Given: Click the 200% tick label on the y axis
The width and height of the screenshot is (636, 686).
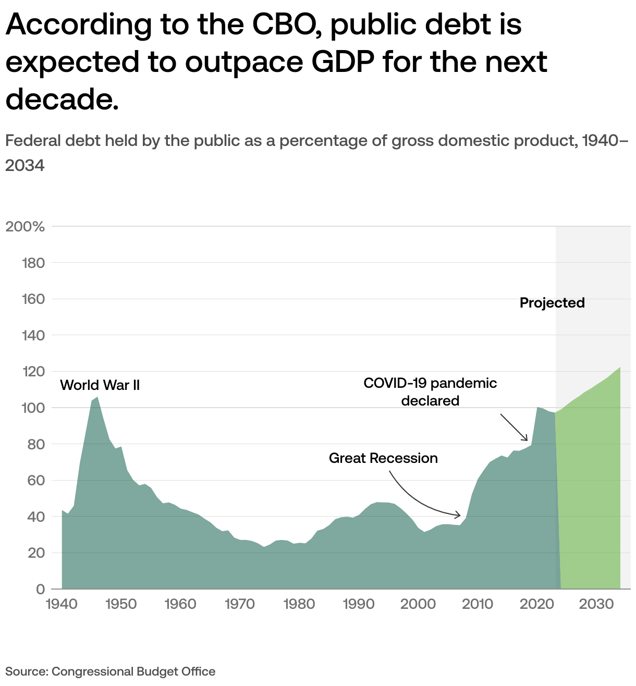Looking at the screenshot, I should click(25, 227).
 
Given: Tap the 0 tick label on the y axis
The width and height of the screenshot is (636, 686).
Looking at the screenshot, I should click(40, 589).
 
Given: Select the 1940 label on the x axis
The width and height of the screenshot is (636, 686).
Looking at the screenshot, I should click(62, 604).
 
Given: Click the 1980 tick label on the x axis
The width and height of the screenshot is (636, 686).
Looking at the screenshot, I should click(300, 604).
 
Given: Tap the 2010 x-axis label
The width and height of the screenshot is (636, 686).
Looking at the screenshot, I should click(478, 604).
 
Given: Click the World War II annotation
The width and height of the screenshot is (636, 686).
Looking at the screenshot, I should click(100, 385).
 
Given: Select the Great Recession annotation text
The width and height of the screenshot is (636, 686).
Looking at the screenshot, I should click(383, 458).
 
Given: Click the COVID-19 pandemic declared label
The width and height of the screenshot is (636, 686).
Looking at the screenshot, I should click(430, 391).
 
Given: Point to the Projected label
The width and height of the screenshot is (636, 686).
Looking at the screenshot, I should click(552, 303).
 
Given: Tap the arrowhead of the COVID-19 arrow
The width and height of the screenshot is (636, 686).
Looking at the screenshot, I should click(527, 440).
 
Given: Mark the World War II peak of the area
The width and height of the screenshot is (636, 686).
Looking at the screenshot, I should click(97, 397).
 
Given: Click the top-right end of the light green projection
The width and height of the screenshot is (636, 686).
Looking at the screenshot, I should click(620, 368).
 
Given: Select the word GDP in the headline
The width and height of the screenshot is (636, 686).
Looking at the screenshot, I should click(342, 62).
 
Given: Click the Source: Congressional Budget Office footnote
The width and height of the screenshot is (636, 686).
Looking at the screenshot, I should click(111, 671).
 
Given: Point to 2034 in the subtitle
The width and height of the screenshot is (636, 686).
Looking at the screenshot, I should click(25, 166).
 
